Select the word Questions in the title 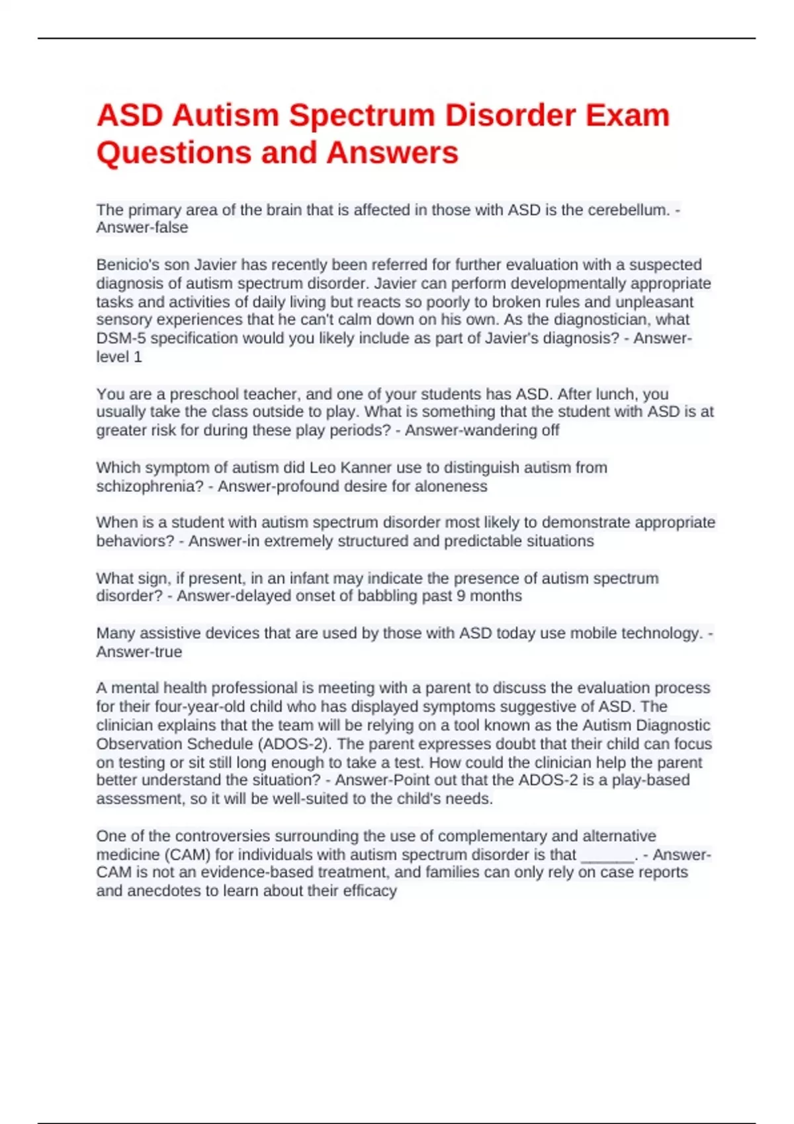pos(173,153)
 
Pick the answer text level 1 pos(119,357)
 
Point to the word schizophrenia pos(145,487)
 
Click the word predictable pos(482,542)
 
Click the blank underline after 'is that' pos(607,856)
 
